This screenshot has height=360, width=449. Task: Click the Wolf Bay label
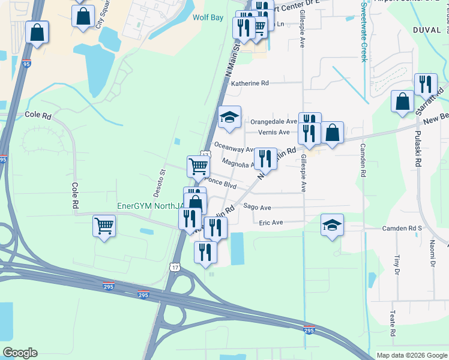pyautogui.click(x=208, y=17)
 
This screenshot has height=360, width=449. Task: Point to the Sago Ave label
pyautogui.click(x=258, y=207)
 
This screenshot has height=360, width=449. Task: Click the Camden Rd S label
pyautogui.click(x=403, y=229)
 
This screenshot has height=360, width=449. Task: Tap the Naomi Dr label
pyautogui.click(x=432, y=251)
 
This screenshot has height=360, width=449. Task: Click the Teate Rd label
pyautogui.click(x=392, y=324)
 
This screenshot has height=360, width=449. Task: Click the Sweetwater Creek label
pyautogui.click(x=364, y=31)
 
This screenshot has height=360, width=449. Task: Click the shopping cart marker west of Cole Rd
pyautogui.click(x=104, y=226)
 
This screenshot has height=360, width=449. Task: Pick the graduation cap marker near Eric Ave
pyautogui.click(x=332, y=224)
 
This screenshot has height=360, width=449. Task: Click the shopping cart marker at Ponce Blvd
pyautogui.click(x=198, y=166)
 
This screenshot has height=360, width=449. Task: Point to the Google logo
pyautogui.click(x=20, y=353)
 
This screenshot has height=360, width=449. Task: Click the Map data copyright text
pyautogui.click(x=411, y=355)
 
